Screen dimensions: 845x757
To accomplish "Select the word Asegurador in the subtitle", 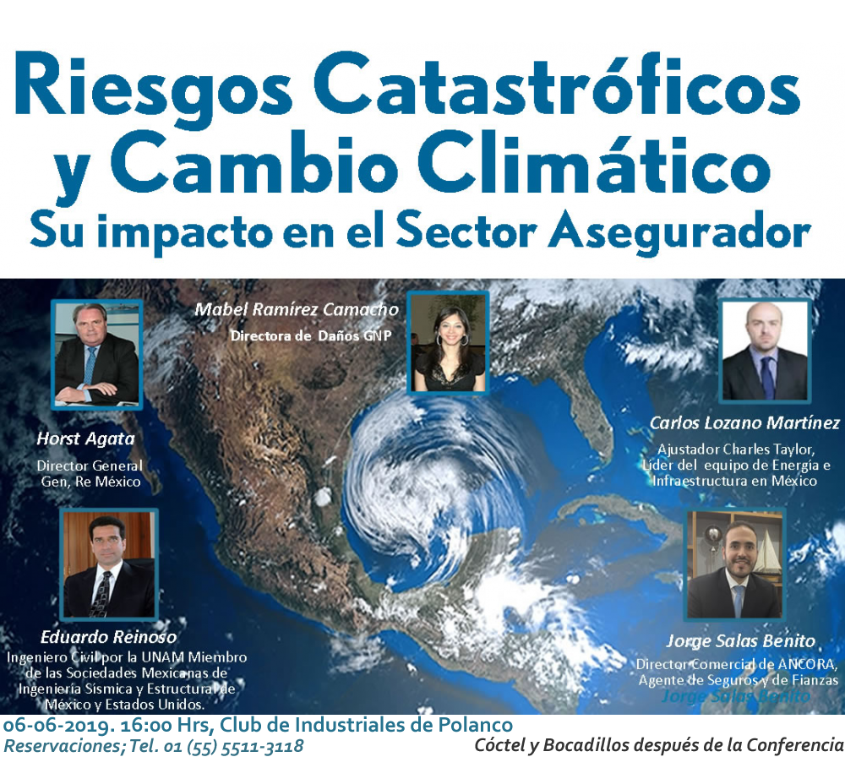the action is click(x=679, y=230).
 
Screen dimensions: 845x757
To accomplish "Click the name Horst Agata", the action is click(x=85, y=439).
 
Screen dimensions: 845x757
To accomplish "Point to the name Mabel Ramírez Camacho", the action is click(x=297, y=309).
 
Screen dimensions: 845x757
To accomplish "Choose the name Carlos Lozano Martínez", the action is click(x=744, y=423).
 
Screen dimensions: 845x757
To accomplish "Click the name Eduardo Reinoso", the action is click(x=108, y=637).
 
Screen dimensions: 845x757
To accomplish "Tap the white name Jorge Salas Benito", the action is click(x=741, y=642).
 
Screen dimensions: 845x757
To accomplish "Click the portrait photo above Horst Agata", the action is click(x=97, y=354).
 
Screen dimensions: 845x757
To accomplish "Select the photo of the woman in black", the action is click(x=448, y=343).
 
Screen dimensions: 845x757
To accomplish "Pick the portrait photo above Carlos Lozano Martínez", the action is click(x=766, y=351).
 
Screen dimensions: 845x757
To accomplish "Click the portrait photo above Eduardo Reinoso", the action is click(x=109, y=564).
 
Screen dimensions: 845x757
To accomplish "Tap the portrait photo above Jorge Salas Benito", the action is click(x=735, y=564).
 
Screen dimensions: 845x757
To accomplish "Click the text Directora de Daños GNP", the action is click(x=311, y=335).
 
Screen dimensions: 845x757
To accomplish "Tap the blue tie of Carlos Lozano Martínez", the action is click(x=767, y=377).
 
